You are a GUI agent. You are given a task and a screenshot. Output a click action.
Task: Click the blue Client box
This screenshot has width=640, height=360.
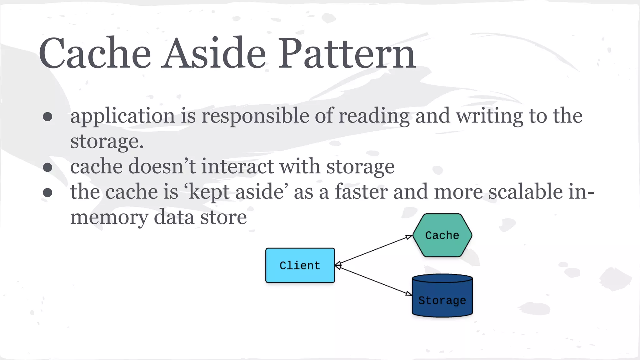click(300, 265)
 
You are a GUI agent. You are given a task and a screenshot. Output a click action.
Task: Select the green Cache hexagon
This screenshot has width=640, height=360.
click(442, 235)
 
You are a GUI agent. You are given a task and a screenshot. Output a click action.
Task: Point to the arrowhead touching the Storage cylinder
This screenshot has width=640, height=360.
click(408, 293)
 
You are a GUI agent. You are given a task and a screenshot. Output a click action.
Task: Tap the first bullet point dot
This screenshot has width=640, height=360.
click(47, 117)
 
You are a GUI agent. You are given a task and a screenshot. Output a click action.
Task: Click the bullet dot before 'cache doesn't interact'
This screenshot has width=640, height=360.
click(47, 167)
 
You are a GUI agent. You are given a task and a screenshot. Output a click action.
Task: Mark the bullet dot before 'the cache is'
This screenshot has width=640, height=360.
click(47, 192)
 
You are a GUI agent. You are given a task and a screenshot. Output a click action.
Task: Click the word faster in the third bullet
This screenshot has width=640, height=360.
click(361, 192)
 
